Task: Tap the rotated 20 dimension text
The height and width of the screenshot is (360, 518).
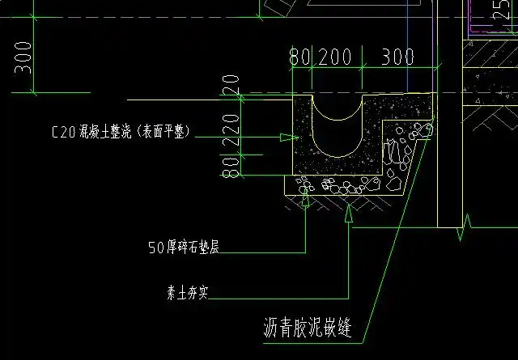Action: pyautogui.click(x=232, y=84)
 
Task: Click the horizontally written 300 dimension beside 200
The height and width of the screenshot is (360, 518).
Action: pyautogui.click(x=397, y=57)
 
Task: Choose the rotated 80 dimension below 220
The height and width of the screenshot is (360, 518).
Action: pyautogui.click(x=232, y=167)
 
